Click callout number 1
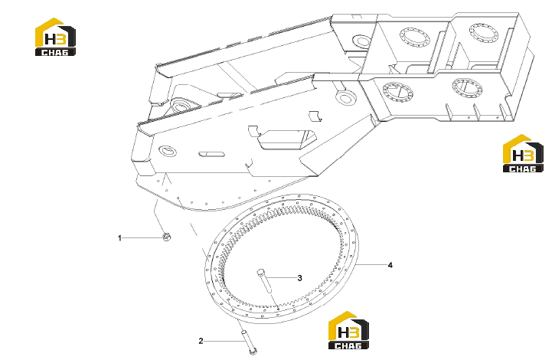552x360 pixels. pos(119,238)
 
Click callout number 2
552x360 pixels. pos(201,341)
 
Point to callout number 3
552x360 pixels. pos(299,278)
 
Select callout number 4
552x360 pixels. pos(390,265)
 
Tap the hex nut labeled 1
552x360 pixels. pos(167,237)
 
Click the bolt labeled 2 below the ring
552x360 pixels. pos(250,342)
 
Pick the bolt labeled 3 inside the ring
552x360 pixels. pos(264,281)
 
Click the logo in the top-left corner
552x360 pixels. pos(55,37)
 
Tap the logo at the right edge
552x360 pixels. pos(523,153)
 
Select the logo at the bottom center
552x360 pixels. pos(348,330)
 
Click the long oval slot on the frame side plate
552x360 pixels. pos(211,154)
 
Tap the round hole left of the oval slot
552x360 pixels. pos(168,150)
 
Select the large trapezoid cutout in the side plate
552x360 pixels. pos(286,139)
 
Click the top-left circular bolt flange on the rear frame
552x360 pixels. pos(414,37)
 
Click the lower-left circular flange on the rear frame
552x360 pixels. pos(398,92)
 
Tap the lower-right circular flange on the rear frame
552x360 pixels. pos(467,88)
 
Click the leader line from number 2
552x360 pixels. pos(223,341)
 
